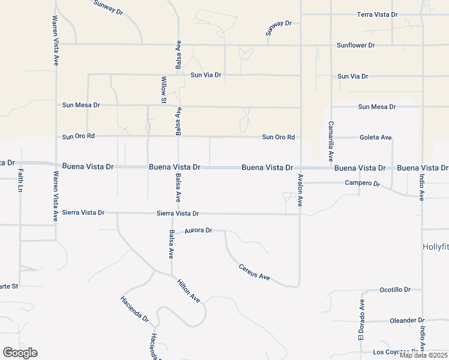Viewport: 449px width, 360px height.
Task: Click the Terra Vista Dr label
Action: coord(377,14)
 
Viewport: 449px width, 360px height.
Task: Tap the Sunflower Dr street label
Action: coord(355,45)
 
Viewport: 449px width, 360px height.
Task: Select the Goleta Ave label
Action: coord(375,137)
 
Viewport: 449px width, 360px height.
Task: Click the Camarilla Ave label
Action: coord(331,142)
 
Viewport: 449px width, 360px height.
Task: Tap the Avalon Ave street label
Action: coord(300,191)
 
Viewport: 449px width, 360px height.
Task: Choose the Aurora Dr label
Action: coord(199,230)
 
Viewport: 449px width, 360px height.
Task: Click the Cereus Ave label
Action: coord(255,272)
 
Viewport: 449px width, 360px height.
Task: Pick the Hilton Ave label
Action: coord(188,289)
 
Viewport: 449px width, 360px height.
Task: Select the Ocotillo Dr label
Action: coord(395,290)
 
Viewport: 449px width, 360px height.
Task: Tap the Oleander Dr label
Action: coord(407,320)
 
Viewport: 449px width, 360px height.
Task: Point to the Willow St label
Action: coord(163,90)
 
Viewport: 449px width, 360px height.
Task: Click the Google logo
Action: coord(20,352)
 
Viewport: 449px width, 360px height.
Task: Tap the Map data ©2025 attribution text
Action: coord(423,355)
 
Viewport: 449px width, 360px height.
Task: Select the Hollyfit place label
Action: coord(435,247)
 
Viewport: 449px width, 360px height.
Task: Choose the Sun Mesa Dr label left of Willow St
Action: coord(81,104)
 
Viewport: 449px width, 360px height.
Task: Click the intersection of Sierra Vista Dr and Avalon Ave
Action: coord(300,214)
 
